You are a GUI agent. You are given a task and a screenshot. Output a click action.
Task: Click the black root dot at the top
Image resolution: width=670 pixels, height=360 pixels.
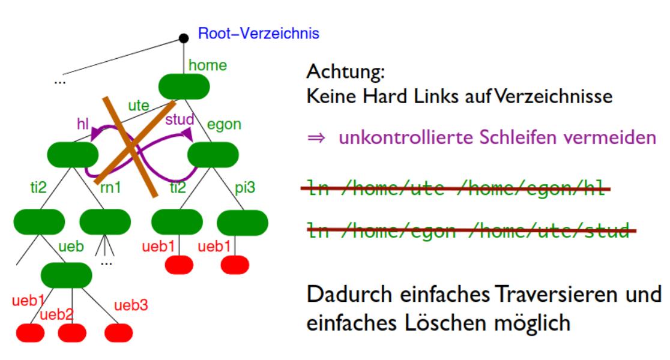184,39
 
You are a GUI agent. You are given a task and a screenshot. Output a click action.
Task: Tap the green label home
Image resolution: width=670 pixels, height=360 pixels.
207,65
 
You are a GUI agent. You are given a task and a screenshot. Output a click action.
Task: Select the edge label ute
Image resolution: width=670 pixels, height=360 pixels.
139,106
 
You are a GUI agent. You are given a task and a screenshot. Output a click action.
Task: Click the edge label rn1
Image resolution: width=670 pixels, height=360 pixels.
110,188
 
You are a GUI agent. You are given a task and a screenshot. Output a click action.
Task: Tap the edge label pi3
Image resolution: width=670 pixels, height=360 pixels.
245,188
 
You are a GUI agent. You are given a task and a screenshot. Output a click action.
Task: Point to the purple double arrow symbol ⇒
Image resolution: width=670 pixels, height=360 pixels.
316,139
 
